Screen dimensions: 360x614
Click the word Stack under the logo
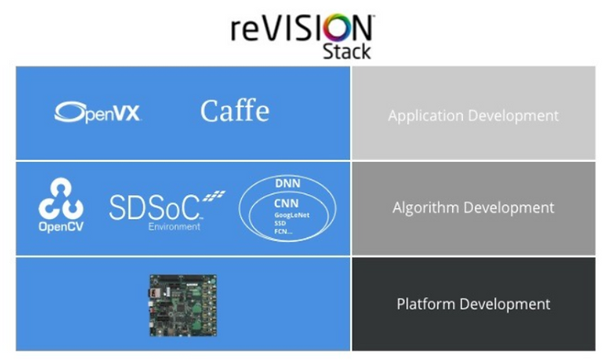pyautogui.click(x=346, y=51)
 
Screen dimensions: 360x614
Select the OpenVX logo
pyautogui.click(x=98, y=113)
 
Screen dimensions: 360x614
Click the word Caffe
pyautogui.click(x=235, y=111)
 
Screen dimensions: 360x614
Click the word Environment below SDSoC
pyautogui.click(x=174, y=226)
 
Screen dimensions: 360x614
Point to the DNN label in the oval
pyautogui.click(x=287, y=182)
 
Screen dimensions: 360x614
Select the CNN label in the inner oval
pyautogui.click(x=285, y=203)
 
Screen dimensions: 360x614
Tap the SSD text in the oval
pyautogui.click(x=280, y=223)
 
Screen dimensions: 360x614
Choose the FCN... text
pyautogui.click(x=283, y=231)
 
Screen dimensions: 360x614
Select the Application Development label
pyautogui.click(x=473, y=115)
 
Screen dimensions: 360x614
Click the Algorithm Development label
pyautogui.click(x=473, y=207)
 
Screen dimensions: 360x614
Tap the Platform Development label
pyautogui.click(x=473, y=304)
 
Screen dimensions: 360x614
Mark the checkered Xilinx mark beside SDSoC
pyautogui.click(x=214, y=197)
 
